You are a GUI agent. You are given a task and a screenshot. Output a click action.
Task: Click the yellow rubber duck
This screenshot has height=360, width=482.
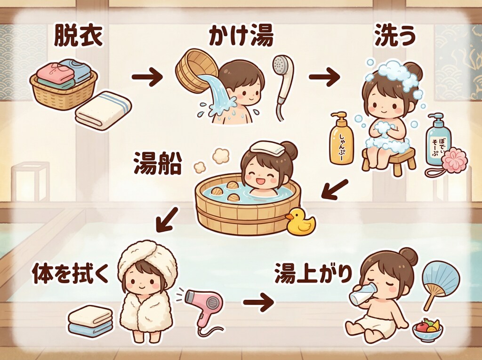coord(299,223)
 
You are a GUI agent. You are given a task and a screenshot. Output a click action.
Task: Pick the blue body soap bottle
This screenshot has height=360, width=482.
coord(438,140)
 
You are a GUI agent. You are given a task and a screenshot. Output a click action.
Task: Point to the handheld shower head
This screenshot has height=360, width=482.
coord(283,80)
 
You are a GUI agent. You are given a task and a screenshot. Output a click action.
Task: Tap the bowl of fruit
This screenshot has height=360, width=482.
coord(427,329)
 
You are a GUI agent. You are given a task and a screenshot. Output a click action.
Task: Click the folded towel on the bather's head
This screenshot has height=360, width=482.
coord(268,147)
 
